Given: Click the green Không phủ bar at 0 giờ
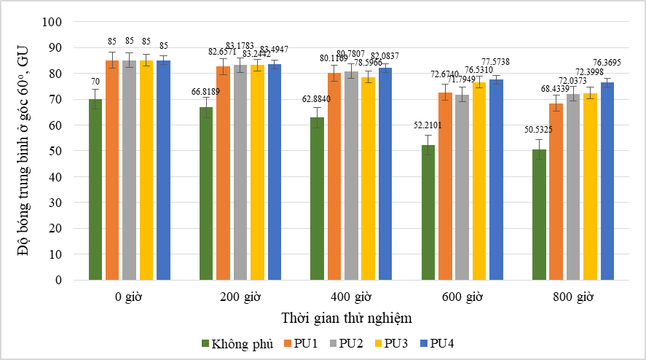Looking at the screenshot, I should pyautogui.click(x=95, y=189).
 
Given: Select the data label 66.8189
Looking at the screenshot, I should pyautogui.click(x=205, y=92).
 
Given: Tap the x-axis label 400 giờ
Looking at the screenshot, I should pyautogui.click(x=351, y=297).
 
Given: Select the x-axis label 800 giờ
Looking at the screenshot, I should pyautogui.click(x=573, y=297).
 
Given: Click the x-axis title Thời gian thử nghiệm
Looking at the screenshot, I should pyautogui.click(x=349, y=318).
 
